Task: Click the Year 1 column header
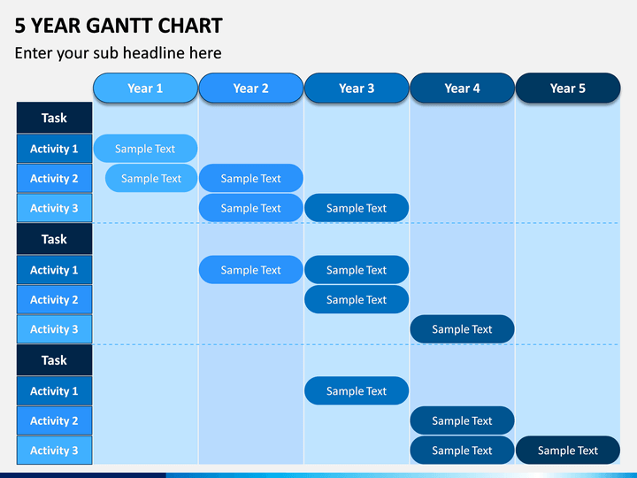tap(145, 88)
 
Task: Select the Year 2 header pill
tap(251, 88)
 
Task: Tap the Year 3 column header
tap(357, 88)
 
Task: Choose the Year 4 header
tap(463, 88)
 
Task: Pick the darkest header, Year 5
tap(568, 88)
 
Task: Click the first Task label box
tap(55, 118)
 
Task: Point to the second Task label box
tap(55, 239)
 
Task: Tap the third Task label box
tap(55, 359)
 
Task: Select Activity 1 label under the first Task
tap(55, 149)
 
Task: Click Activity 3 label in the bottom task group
tap(55, 451)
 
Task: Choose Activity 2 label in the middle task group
tap(55, 299)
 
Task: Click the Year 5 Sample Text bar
tap(568, 451)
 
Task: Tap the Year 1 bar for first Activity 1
tap(145, 149)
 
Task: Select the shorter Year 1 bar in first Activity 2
tap(151, 178)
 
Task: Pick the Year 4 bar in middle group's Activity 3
tap(463, 329)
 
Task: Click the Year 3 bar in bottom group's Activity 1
tap(357, 391)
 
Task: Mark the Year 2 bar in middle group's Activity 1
tap(251, 270)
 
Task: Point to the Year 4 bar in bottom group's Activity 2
tap(463, 420)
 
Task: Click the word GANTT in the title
tap(119, 26)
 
